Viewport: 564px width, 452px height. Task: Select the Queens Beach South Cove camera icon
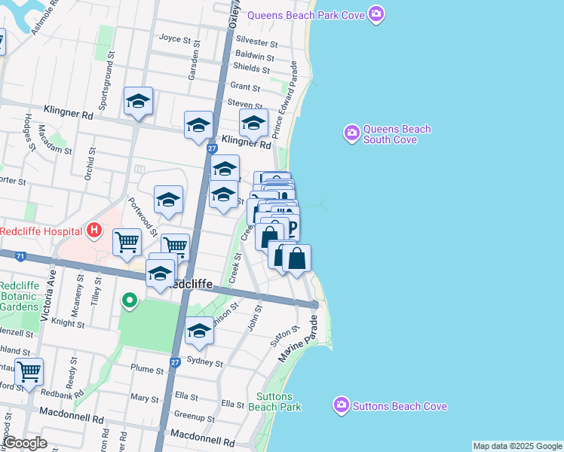pos(351,134)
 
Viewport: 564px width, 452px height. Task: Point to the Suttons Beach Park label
pos(278,402)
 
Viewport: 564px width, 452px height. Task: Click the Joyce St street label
pos(175,38)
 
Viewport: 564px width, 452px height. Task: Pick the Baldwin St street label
pos(255,56)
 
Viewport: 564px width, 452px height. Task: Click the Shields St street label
pos(252,69)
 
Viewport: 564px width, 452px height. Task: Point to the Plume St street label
pos(147,370)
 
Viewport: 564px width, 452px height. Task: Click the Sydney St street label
pos(205,363)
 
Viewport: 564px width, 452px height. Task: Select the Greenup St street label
pos(195,415)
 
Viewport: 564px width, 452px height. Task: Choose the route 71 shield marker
pos(20,257)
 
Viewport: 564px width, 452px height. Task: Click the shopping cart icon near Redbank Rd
pos(29,371)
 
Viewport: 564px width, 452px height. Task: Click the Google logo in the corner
pos(25,443)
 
